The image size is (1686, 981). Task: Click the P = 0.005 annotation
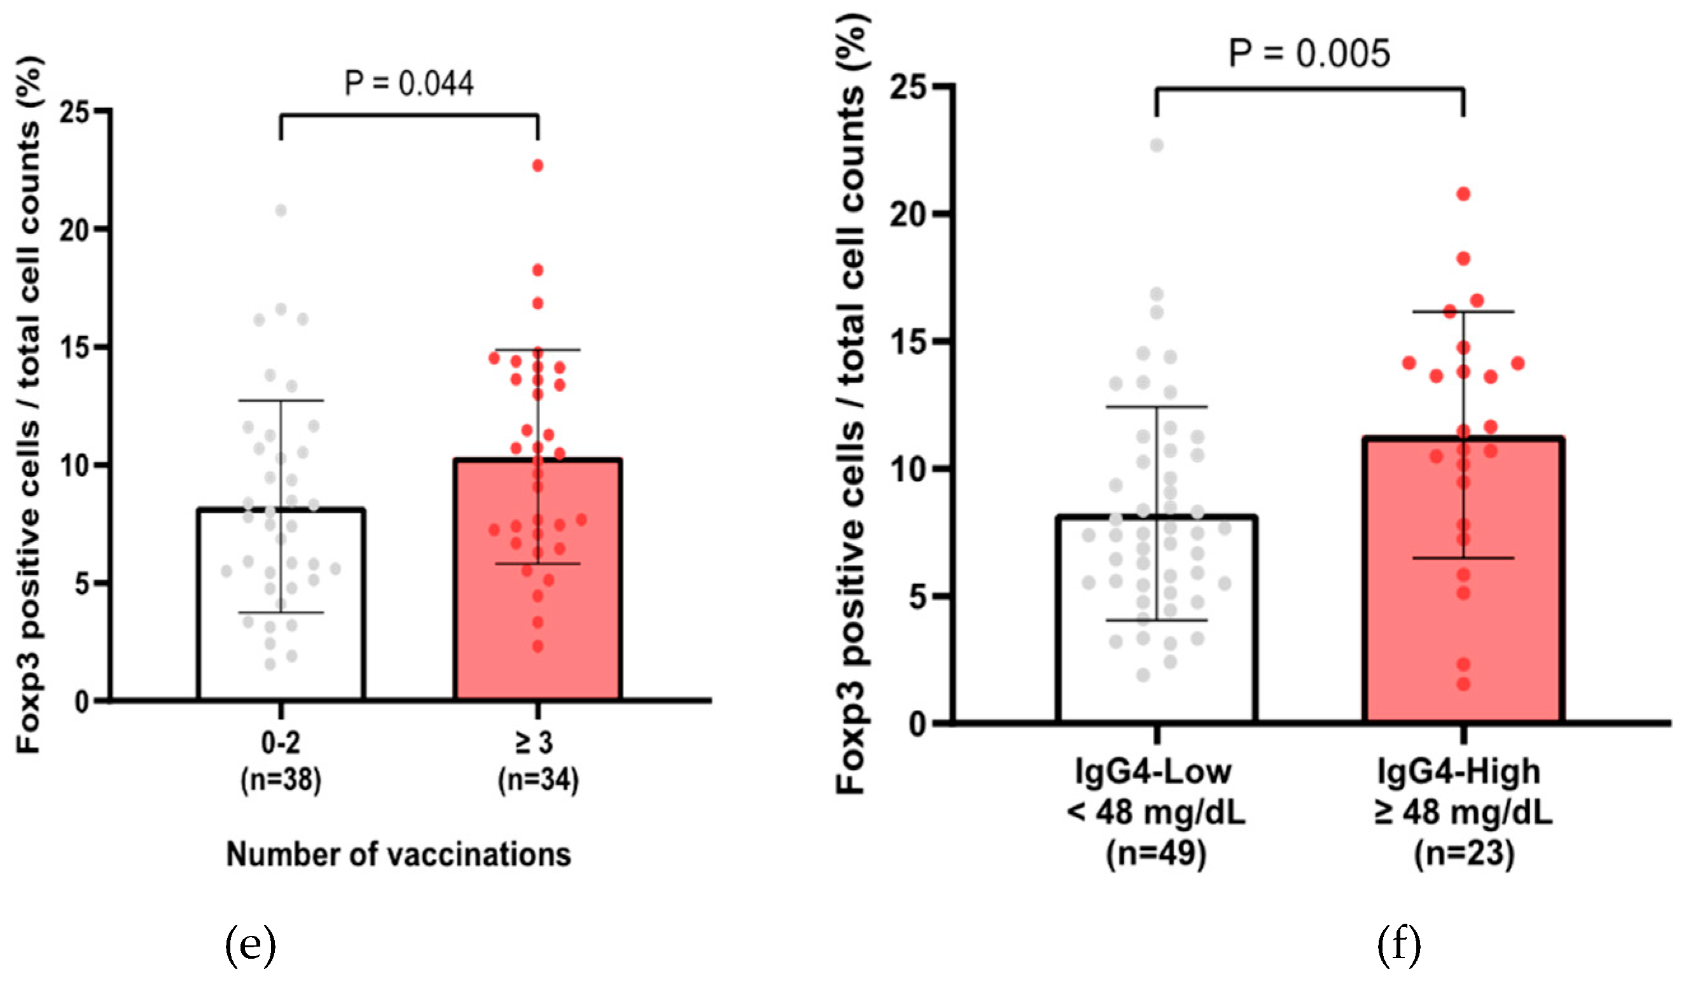coord(1309,53)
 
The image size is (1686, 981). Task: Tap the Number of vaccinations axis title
coord(399,854)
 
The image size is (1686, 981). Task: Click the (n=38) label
coord(281,779)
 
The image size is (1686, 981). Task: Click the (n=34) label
coord(538,779)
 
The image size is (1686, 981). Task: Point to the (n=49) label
coord(1156,853)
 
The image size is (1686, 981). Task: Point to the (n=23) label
coord(1464,853)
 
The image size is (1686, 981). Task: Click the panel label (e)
coord(250,944)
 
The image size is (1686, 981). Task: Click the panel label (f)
coord(1399,944)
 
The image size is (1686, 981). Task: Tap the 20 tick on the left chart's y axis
coord(74,230)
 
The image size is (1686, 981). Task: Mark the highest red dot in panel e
coord(538,165)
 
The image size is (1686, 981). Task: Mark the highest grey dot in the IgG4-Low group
coord(1157,145)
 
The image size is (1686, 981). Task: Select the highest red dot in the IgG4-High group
coord(1463,194)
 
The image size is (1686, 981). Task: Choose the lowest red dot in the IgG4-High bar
coord(1463,684)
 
